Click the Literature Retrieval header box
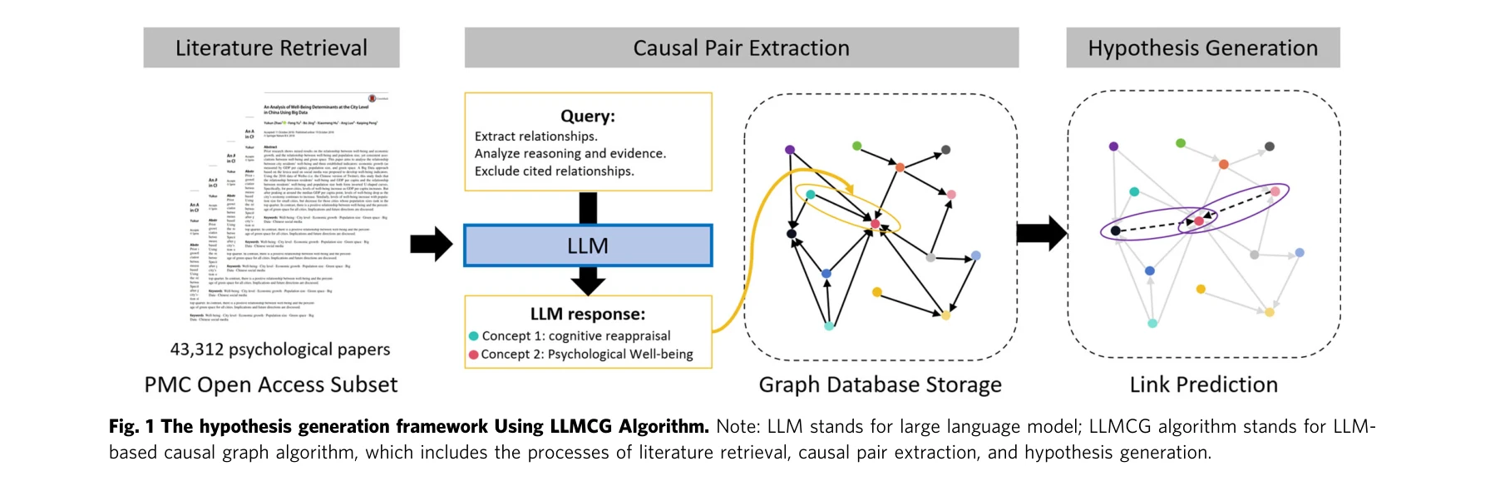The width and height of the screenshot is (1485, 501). point(271,48)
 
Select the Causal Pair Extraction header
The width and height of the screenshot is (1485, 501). point(741,48)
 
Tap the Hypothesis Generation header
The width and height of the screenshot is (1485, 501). point(1202,48)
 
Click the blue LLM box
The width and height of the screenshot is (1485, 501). point(588,246)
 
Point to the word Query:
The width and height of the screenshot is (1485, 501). point(588,117)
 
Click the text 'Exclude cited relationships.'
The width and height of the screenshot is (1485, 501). point(554,171)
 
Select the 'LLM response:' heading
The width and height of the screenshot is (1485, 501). point(588,315)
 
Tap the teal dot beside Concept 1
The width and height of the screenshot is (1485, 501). point(474,336)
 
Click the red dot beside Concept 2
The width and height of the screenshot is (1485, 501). point(474,355)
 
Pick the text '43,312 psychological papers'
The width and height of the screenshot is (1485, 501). point(280,350)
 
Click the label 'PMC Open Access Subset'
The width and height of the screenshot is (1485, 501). point(271,384)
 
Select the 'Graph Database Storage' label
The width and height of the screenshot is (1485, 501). point(880,384)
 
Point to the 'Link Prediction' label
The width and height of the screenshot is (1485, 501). point(1203,384)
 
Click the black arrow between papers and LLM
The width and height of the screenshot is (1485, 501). point(431,245)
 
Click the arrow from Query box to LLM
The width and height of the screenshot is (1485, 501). point(588,208)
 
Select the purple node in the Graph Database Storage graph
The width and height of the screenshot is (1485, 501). point(790,150)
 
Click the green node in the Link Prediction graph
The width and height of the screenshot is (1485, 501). point(1181,143)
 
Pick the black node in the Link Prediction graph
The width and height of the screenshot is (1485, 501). point(1116,231)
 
